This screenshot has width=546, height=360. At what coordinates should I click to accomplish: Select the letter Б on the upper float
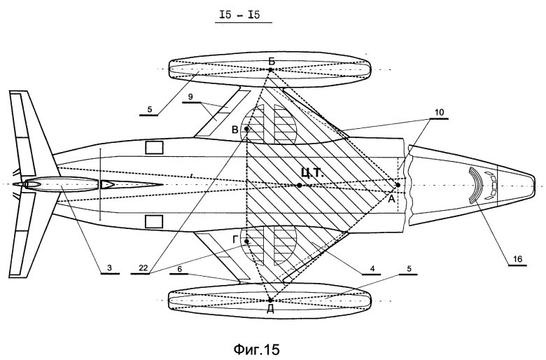point(271,62)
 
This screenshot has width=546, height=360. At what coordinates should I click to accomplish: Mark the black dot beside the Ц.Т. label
point(299,185)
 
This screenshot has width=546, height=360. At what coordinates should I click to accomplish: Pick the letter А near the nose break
point(391,198)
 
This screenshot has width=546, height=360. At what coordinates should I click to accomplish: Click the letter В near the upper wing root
point(236,130)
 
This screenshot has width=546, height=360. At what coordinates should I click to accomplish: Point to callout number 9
point(190,95)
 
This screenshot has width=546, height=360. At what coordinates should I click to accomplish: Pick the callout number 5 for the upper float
point(153,109)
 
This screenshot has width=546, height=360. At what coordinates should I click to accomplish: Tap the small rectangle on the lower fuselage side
point(153,222)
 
